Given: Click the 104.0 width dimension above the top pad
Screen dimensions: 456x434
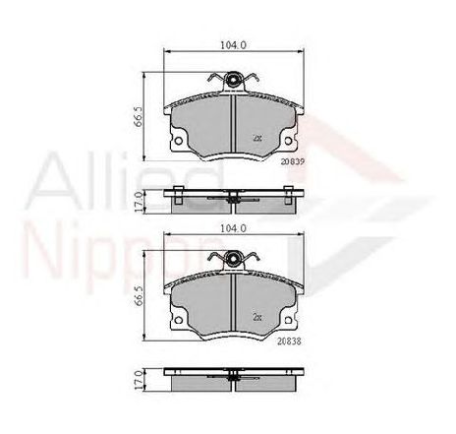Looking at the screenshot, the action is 233,45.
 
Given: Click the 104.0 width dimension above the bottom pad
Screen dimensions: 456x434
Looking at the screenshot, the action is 233,228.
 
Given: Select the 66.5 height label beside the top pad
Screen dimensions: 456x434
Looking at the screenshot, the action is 138,116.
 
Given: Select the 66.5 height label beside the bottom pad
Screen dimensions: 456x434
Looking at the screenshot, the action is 138,296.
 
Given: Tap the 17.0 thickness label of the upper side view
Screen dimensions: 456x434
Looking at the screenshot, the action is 138,202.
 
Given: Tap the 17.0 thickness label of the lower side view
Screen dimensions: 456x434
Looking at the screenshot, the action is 138,381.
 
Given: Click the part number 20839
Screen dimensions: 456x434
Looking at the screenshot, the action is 293,161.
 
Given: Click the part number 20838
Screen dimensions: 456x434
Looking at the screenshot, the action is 289,341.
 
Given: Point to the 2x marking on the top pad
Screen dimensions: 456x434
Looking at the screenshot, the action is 257,138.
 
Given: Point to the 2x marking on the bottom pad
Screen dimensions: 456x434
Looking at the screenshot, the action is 257,317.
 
